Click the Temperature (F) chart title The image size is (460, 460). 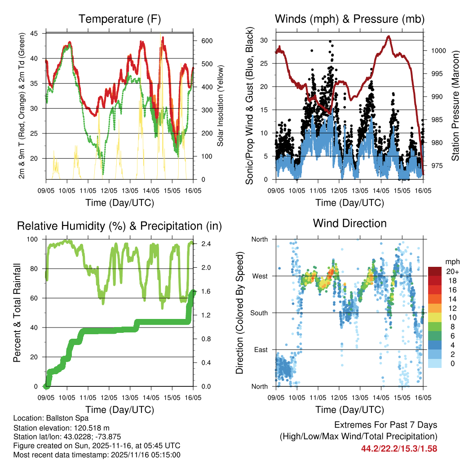[119, 19]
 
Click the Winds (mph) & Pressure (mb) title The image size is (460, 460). [349, 19]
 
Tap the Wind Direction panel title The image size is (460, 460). [349, 223]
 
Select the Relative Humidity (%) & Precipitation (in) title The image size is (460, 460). [119, 226]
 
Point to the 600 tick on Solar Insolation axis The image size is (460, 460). [206, 41]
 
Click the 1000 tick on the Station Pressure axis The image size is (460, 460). [438, 51]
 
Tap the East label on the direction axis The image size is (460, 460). [261, 350]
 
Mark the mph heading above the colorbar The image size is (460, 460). [451, 261]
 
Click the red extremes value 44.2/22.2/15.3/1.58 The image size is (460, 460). [399, 448]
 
